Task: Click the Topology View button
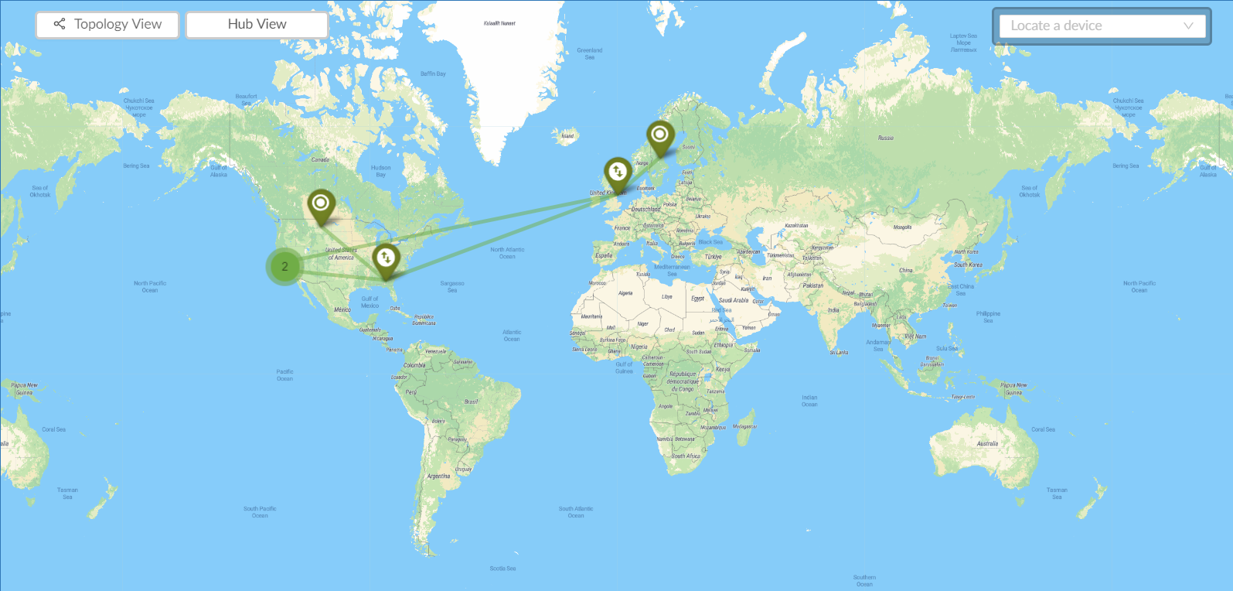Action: pos(107,25)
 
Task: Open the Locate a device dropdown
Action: pos(1102,26)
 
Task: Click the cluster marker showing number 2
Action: pos(284,267)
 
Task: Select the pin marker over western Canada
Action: pos(321,205)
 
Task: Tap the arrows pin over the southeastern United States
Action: pos(386,258)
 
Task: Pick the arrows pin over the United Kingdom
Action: pos(618,173)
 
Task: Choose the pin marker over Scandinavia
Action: pos(659,135)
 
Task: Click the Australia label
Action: pos(987,444)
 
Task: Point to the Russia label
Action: pos(886,138)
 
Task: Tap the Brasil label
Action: pos(471,402)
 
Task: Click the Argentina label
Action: pos(438,477)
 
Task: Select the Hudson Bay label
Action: pos(380,171)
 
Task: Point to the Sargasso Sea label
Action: pos(452,287)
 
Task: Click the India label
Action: pos(833,310)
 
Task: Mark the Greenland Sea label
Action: pos(590,53)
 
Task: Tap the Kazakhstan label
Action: pos(796,226)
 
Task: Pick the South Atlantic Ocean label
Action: pos(576,512)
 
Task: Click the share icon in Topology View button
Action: pos(60,24)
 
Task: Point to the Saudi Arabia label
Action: pos(734,300)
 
